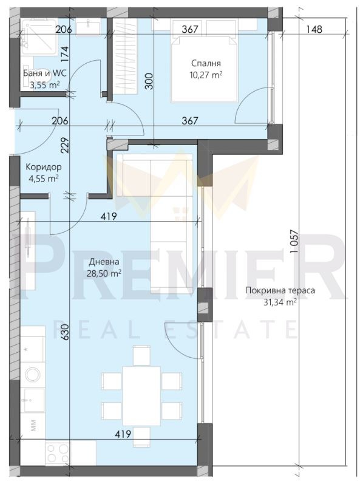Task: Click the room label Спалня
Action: (x=206, y=64)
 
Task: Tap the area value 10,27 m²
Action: (x=206, y=75)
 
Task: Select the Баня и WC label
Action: (x=45, y=73)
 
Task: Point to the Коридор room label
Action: (x=44, y=167)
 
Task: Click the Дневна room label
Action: (x=104, y=262)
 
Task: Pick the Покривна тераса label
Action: (x=280, y=290)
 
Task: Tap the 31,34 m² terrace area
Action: (x=280, y=302)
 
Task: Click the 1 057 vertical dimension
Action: (x=294, y=242)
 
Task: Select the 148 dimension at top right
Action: (x=314, y=29)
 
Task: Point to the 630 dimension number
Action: (x=65, y=332)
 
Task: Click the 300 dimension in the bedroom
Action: (x=149, y=81)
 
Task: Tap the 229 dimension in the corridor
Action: (x=65, y=145)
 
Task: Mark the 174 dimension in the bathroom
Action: (x=65, y=53)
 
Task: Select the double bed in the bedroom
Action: (x=203, y=68)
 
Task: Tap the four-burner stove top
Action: (x=58, y=453)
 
